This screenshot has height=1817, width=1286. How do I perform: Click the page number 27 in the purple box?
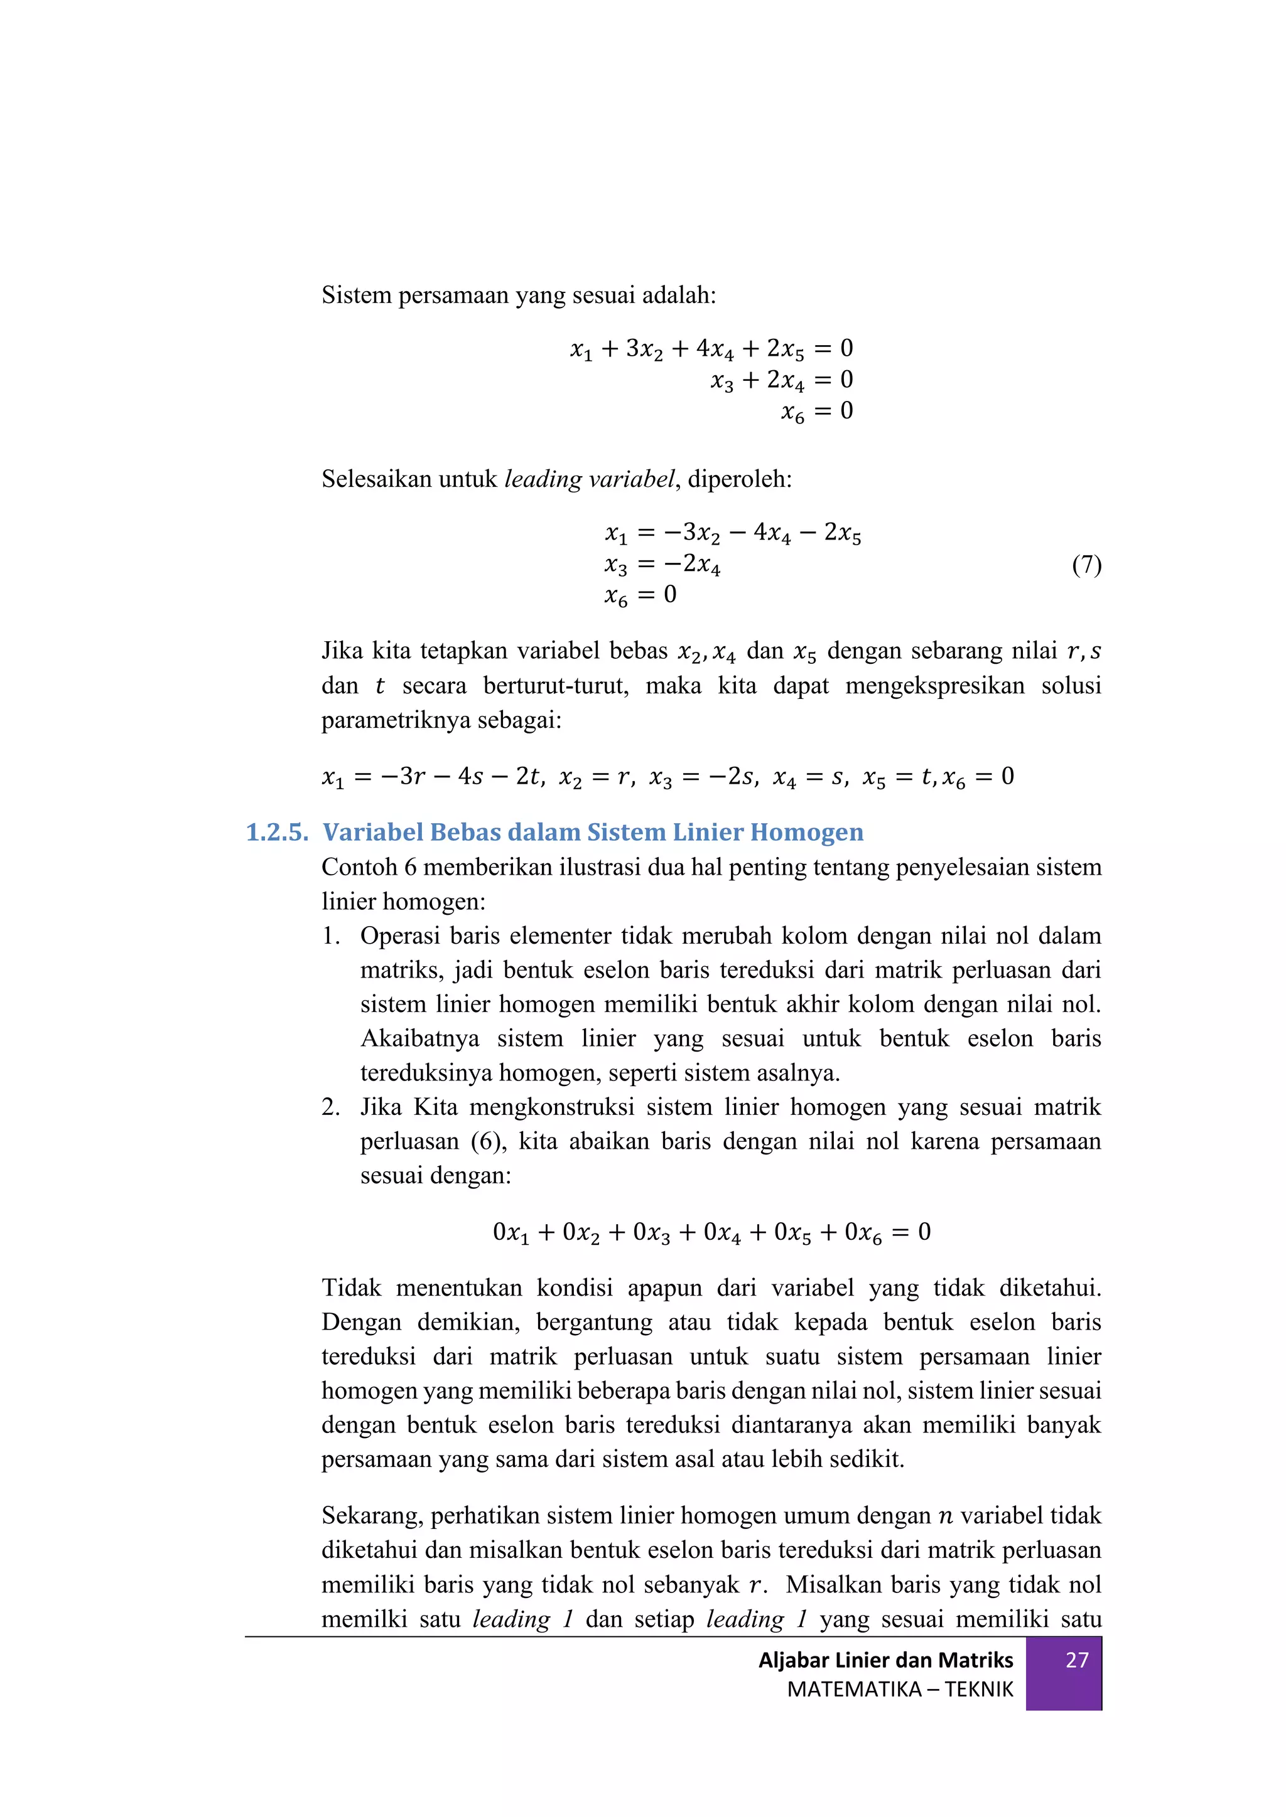pos(1077,1660)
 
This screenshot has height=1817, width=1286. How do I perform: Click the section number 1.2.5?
pos(276,833)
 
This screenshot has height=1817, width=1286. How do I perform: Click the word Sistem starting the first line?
pos(356,295)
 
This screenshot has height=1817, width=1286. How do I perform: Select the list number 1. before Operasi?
pos(331,936)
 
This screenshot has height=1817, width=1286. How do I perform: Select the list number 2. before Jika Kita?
pos(331,1107)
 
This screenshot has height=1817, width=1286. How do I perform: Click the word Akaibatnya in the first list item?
pos(419,1038)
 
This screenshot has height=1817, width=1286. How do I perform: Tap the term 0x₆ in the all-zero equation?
pos(862,1232)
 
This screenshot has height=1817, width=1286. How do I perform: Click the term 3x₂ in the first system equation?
pos(644,349)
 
